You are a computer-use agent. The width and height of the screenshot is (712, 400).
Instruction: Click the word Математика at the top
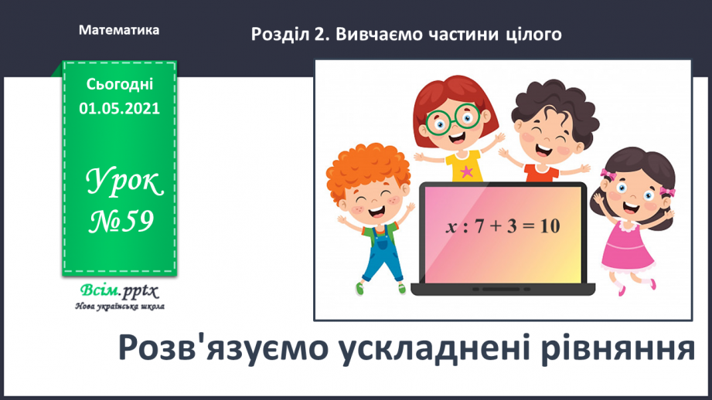(x=119, y=30)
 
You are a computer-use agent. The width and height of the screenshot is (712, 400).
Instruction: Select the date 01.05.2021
(x=119, y=109)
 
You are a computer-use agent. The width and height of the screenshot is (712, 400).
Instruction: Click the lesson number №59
(x=119, y=222)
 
